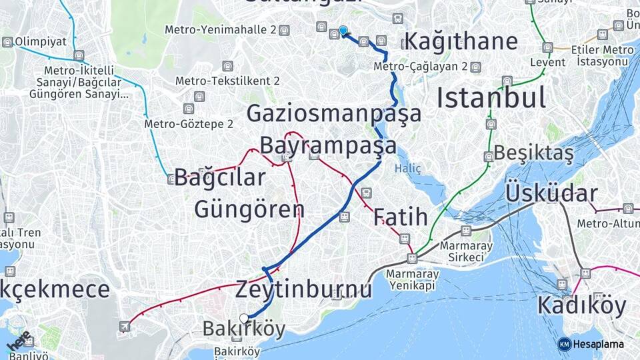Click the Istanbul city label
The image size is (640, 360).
[491, 98]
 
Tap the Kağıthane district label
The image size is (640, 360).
[461, 41]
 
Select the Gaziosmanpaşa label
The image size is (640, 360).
[334, 113]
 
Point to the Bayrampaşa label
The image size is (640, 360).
[328, 145]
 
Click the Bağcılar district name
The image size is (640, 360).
[220, 178]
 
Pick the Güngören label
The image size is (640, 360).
[249, 209]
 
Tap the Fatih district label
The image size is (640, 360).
[400, 217]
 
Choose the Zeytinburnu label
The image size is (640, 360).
[303, 289]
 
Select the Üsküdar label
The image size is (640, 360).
[551, 193]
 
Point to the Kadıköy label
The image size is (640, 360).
[581, 306]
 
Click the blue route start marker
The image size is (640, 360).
[343, 31]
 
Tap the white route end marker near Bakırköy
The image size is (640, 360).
[244, 319]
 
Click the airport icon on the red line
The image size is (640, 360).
[125, 326]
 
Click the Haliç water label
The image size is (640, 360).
[407, 169]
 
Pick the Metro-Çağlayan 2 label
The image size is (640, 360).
[421, 67]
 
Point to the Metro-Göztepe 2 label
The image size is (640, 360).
[189, 124]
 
